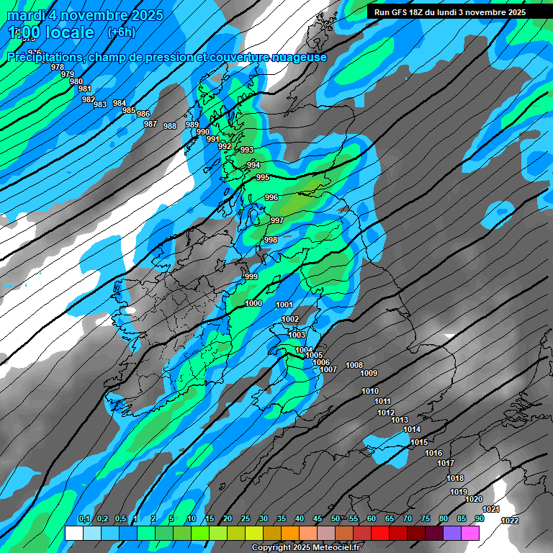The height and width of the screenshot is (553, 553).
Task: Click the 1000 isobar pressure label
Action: click(253, 304)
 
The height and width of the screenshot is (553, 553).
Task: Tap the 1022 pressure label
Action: click(510, 521)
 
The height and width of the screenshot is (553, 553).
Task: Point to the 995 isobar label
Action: click(263, 177)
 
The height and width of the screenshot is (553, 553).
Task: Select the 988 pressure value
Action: click(170, 126)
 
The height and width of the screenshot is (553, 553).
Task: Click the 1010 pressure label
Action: click(370, 391)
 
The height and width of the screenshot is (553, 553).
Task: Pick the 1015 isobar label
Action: click(419, 442)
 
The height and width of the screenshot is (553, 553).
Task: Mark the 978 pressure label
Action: click(58, 67)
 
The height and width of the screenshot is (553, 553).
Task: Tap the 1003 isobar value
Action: click(297, 335)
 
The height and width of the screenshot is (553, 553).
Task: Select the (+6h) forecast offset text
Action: click(120, 32)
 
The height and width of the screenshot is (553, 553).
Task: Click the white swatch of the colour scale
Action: click(73, 534)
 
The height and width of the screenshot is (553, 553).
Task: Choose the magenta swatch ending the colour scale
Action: click(470, 534)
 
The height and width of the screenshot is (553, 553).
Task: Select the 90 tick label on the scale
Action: click(479, 519)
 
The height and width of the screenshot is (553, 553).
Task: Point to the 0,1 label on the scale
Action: click(84, 519)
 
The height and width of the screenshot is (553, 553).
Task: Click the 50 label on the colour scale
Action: click(336, 519)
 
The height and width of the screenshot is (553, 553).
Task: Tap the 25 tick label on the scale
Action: click(246, 519)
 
